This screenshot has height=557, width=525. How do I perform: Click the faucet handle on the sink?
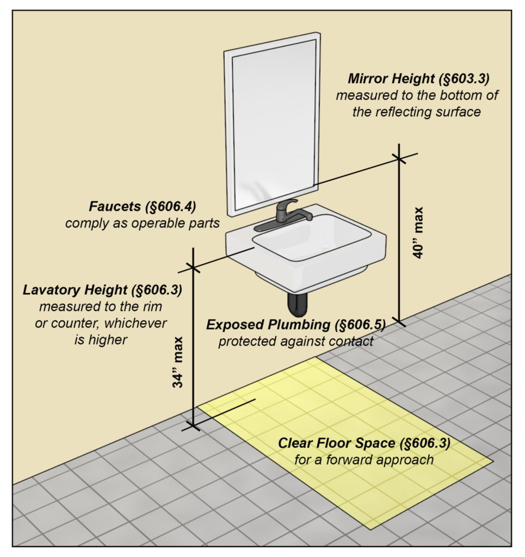[x=287, y=205]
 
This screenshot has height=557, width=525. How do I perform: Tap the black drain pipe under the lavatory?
[x=297, y=305]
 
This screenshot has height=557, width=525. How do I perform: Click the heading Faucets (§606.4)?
[x=143, y=207]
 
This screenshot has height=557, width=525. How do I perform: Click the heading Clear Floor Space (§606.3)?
[x=364, y=443]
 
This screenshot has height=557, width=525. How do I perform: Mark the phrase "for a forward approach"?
[x=364, y=460]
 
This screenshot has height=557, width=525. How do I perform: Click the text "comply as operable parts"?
[x=143, y=223]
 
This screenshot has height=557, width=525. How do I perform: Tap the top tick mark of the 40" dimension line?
[x=399, y=158]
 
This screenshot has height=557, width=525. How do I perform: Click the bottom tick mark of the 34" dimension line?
[x=193, y=425]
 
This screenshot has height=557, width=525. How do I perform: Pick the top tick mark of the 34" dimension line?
[x=193, y=267]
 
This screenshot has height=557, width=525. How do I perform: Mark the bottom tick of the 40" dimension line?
[x=399, y=321]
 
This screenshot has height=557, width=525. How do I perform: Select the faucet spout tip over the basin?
[x=308, y=217]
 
